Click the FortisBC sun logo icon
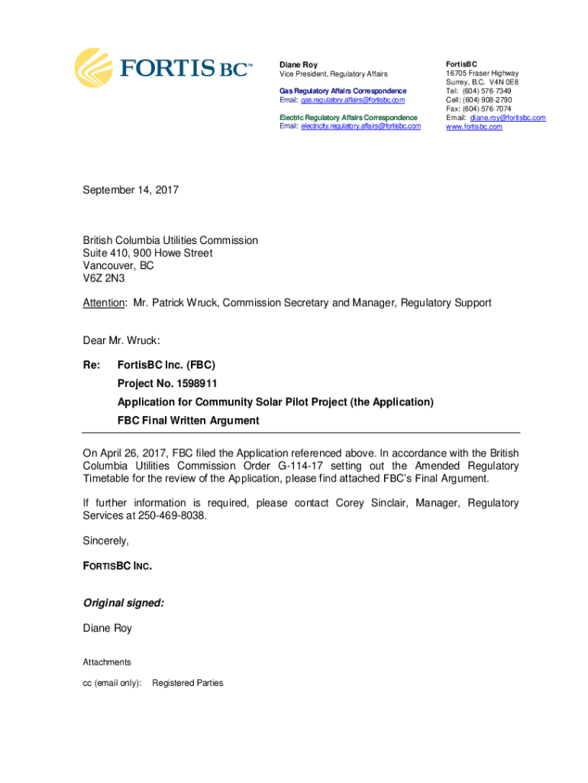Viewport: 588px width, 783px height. (93, 67)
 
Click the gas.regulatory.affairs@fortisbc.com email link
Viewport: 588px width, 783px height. (353, 100)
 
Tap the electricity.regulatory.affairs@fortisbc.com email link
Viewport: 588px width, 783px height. (360, 126)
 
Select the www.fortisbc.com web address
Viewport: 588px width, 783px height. (474, 127)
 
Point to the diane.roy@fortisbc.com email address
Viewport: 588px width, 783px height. (508, 118)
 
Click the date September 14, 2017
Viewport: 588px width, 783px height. (131, 189)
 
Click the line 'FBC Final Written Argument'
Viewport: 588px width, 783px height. (188, 421)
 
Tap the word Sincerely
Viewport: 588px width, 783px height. (106, 541)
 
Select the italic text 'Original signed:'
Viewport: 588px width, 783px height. (124, 603)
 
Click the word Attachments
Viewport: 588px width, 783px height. (107, 662)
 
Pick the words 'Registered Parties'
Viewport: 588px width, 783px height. (188, 683)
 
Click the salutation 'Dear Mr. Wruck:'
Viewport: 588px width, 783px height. (121, 340)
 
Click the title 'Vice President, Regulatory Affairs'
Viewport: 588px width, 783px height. (333, 74)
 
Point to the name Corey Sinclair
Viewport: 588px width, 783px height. (372, 503)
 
